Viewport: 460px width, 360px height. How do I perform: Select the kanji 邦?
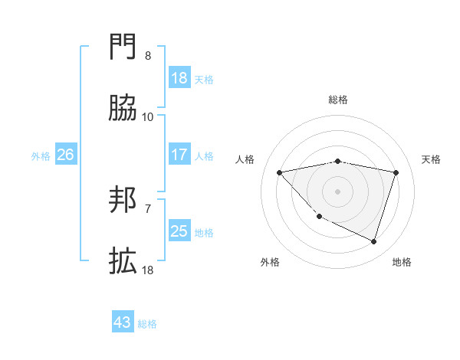coord(123,201)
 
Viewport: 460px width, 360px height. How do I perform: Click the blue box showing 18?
coord(179,78)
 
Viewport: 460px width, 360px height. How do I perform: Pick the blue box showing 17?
coord(179,155)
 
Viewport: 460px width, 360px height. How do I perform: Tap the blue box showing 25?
coord(179,231)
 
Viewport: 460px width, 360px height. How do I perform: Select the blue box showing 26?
coord(65,155)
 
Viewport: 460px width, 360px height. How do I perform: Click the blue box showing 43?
coord(123,322)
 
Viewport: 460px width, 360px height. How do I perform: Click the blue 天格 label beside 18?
coord(204,79)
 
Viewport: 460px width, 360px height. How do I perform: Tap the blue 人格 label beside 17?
coord(204,155)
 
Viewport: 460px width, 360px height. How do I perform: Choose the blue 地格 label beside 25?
coord(204,232)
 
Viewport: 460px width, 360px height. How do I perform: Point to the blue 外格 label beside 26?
coord(41,155)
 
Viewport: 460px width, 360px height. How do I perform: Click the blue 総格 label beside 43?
coord(147,324)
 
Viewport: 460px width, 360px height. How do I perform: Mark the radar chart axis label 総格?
coord(338,100)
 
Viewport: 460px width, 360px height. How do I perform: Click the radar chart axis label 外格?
coord(270,262)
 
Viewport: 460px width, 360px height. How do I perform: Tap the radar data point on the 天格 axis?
coord(396,172)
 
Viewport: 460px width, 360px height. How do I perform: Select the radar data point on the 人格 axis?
coord(279,172)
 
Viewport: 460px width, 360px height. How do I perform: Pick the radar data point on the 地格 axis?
coord(374,242)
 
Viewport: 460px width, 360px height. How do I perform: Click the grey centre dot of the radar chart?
coord(338,191)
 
